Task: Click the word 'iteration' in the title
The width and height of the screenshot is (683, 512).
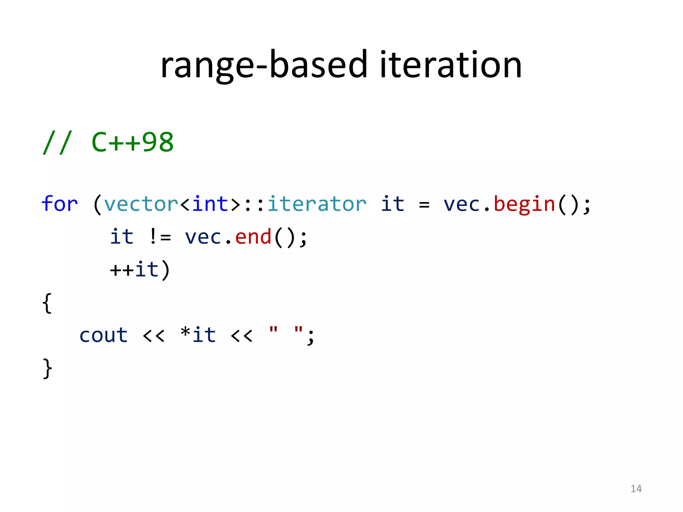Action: [451, 65]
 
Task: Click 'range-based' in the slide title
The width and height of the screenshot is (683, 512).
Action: [264, 65]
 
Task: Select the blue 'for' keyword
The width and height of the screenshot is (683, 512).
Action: [60, 204]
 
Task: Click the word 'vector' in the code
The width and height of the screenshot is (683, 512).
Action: [141, 204]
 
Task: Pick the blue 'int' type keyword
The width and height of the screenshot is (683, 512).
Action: [210, 204]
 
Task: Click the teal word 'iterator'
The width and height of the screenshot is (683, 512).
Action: [317, 204]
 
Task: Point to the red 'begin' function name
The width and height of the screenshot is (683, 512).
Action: [524, 204]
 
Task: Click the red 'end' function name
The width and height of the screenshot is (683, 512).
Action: [253, 237]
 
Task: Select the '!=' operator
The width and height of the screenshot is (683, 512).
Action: [160, 237]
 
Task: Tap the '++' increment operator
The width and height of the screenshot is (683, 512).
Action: [122, 270]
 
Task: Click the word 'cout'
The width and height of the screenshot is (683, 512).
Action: [103, 335]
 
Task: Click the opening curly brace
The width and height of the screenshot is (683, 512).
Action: [47, 303]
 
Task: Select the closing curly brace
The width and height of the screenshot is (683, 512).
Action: [47, 368]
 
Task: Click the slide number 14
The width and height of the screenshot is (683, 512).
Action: [636, 489]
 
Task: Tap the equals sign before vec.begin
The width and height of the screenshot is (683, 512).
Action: [424, 205]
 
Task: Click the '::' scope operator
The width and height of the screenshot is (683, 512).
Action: [254, 205]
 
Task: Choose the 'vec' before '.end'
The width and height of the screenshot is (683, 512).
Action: [203, 237]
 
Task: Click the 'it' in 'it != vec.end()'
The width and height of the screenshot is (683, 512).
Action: [122, 237]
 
